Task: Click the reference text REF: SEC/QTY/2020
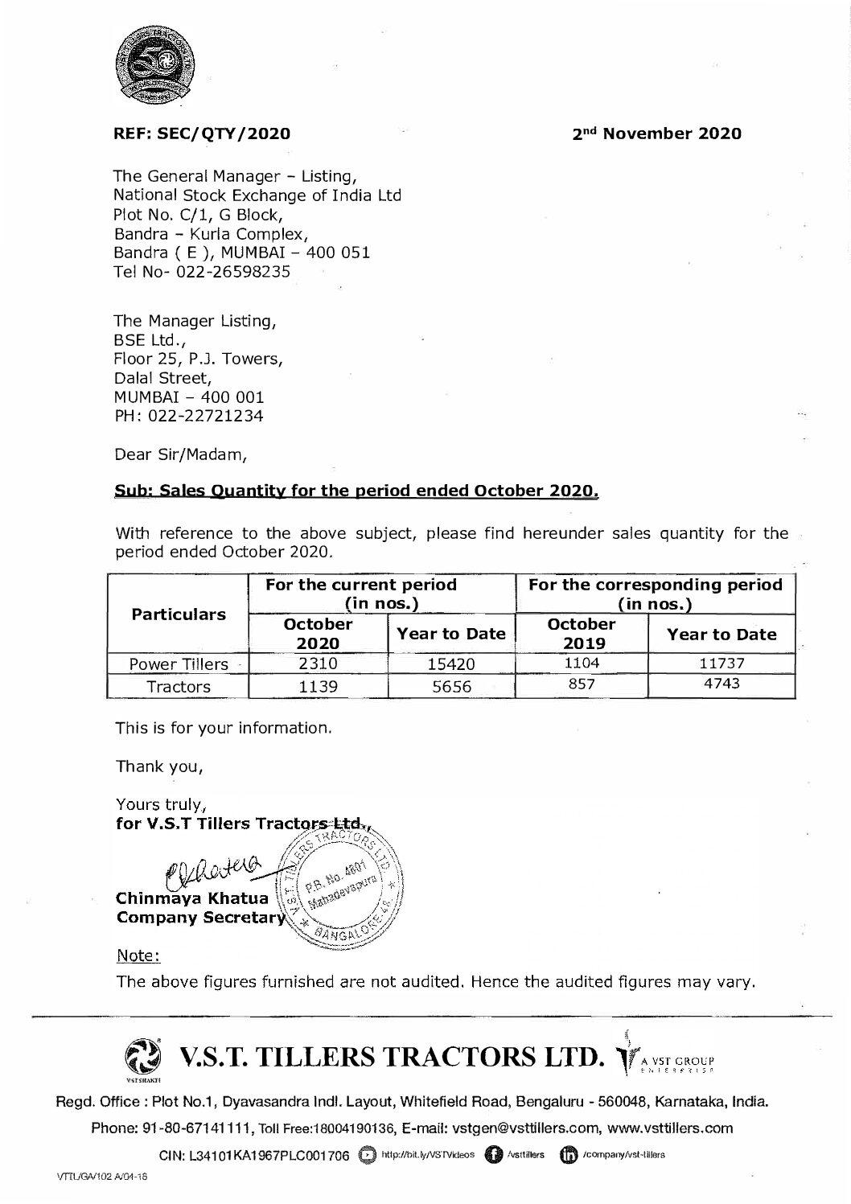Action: (202, 134)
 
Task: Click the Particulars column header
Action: (178, 614)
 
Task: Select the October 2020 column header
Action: (319, 633)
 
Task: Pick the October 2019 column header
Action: (581, 633)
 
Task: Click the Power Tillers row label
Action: (178, 664)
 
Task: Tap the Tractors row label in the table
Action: (178, 686)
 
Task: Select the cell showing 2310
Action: (319, 664)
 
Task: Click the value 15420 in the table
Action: (451, 664)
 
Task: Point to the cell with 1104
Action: (581, 664)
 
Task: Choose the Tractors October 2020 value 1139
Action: (319, 686)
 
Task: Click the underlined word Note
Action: (138, 955)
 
